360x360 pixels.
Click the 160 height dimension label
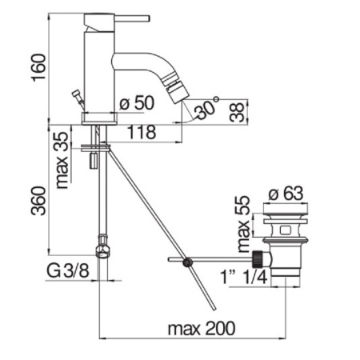pos(39,68)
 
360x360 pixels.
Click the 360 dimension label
pos(39,201)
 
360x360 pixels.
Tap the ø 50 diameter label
pos(137,102)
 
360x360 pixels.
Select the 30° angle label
pos(206,107)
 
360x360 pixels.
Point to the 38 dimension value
pos(238,113)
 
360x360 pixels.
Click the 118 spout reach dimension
pos(142,132)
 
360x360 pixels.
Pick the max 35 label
pos(63,160)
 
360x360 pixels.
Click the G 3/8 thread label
pos(68,271)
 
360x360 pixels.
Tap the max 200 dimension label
pos(202,328)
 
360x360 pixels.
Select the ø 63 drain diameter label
pos(286,194)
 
